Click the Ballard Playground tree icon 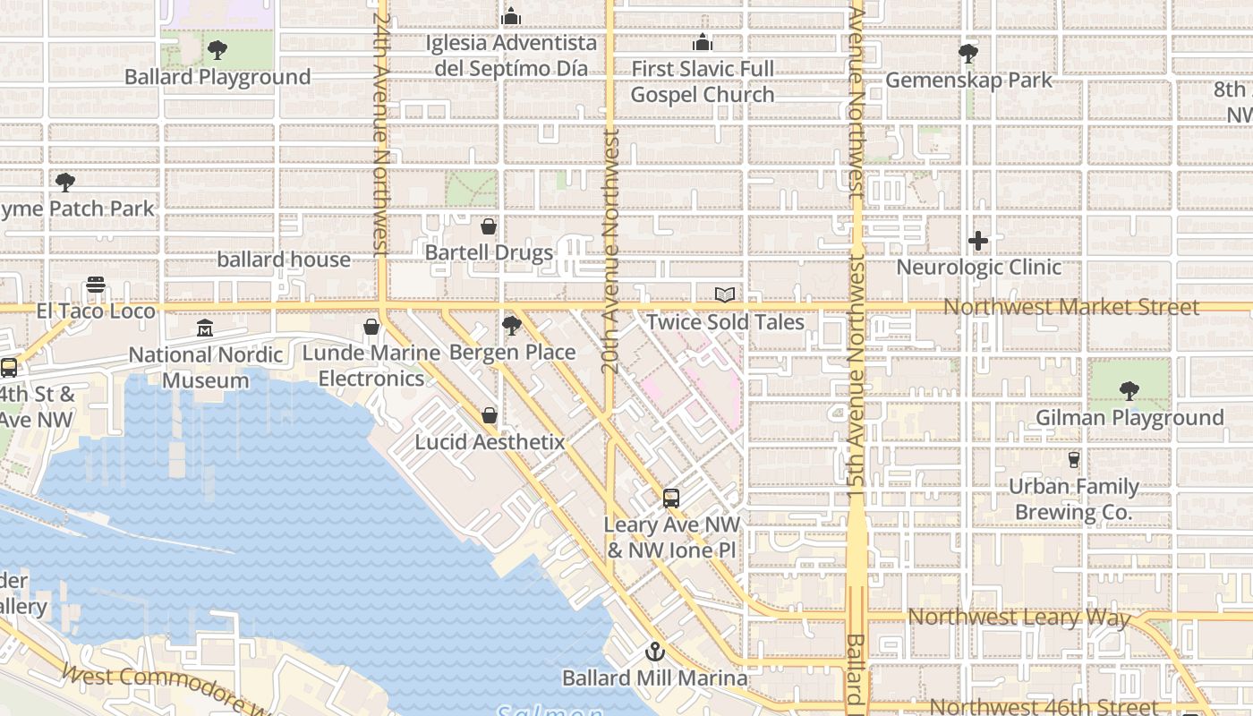coord(217,50)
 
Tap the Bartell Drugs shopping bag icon coord(489,226)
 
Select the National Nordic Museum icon coord(205,328)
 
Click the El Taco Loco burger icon coord(96,285)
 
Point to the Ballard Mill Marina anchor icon coord(655,652)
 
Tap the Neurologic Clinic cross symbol coord(978,240)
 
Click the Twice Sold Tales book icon coord(725,294)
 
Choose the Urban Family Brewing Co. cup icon coord(1073,460)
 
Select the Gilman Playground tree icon coord(1129,391)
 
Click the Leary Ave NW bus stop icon coord(671,499)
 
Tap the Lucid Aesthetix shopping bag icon coord(490,415)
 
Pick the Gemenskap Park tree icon coord(967,54)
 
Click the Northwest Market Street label coord(1070,308)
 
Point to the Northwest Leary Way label coord(1019,617)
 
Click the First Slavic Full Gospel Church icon coord(703,42)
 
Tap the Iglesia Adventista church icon coord(511,16)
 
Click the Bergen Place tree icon coord(512,326)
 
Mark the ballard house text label coord(284,260)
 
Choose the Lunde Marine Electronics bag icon coord(371,328)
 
